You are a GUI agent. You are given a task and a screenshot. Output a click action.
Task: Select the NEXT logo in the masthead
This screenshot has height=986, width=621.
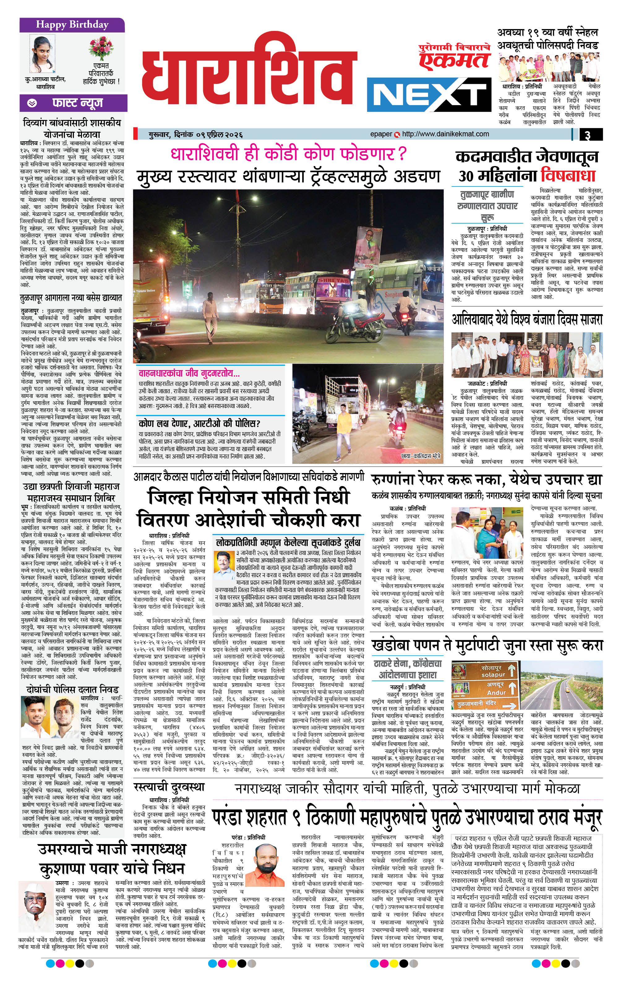tap(428, 94)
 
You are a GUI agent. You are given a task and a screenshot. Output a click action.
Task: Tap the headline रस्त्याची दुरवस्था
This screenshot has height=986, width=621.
tap(169, 787)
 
